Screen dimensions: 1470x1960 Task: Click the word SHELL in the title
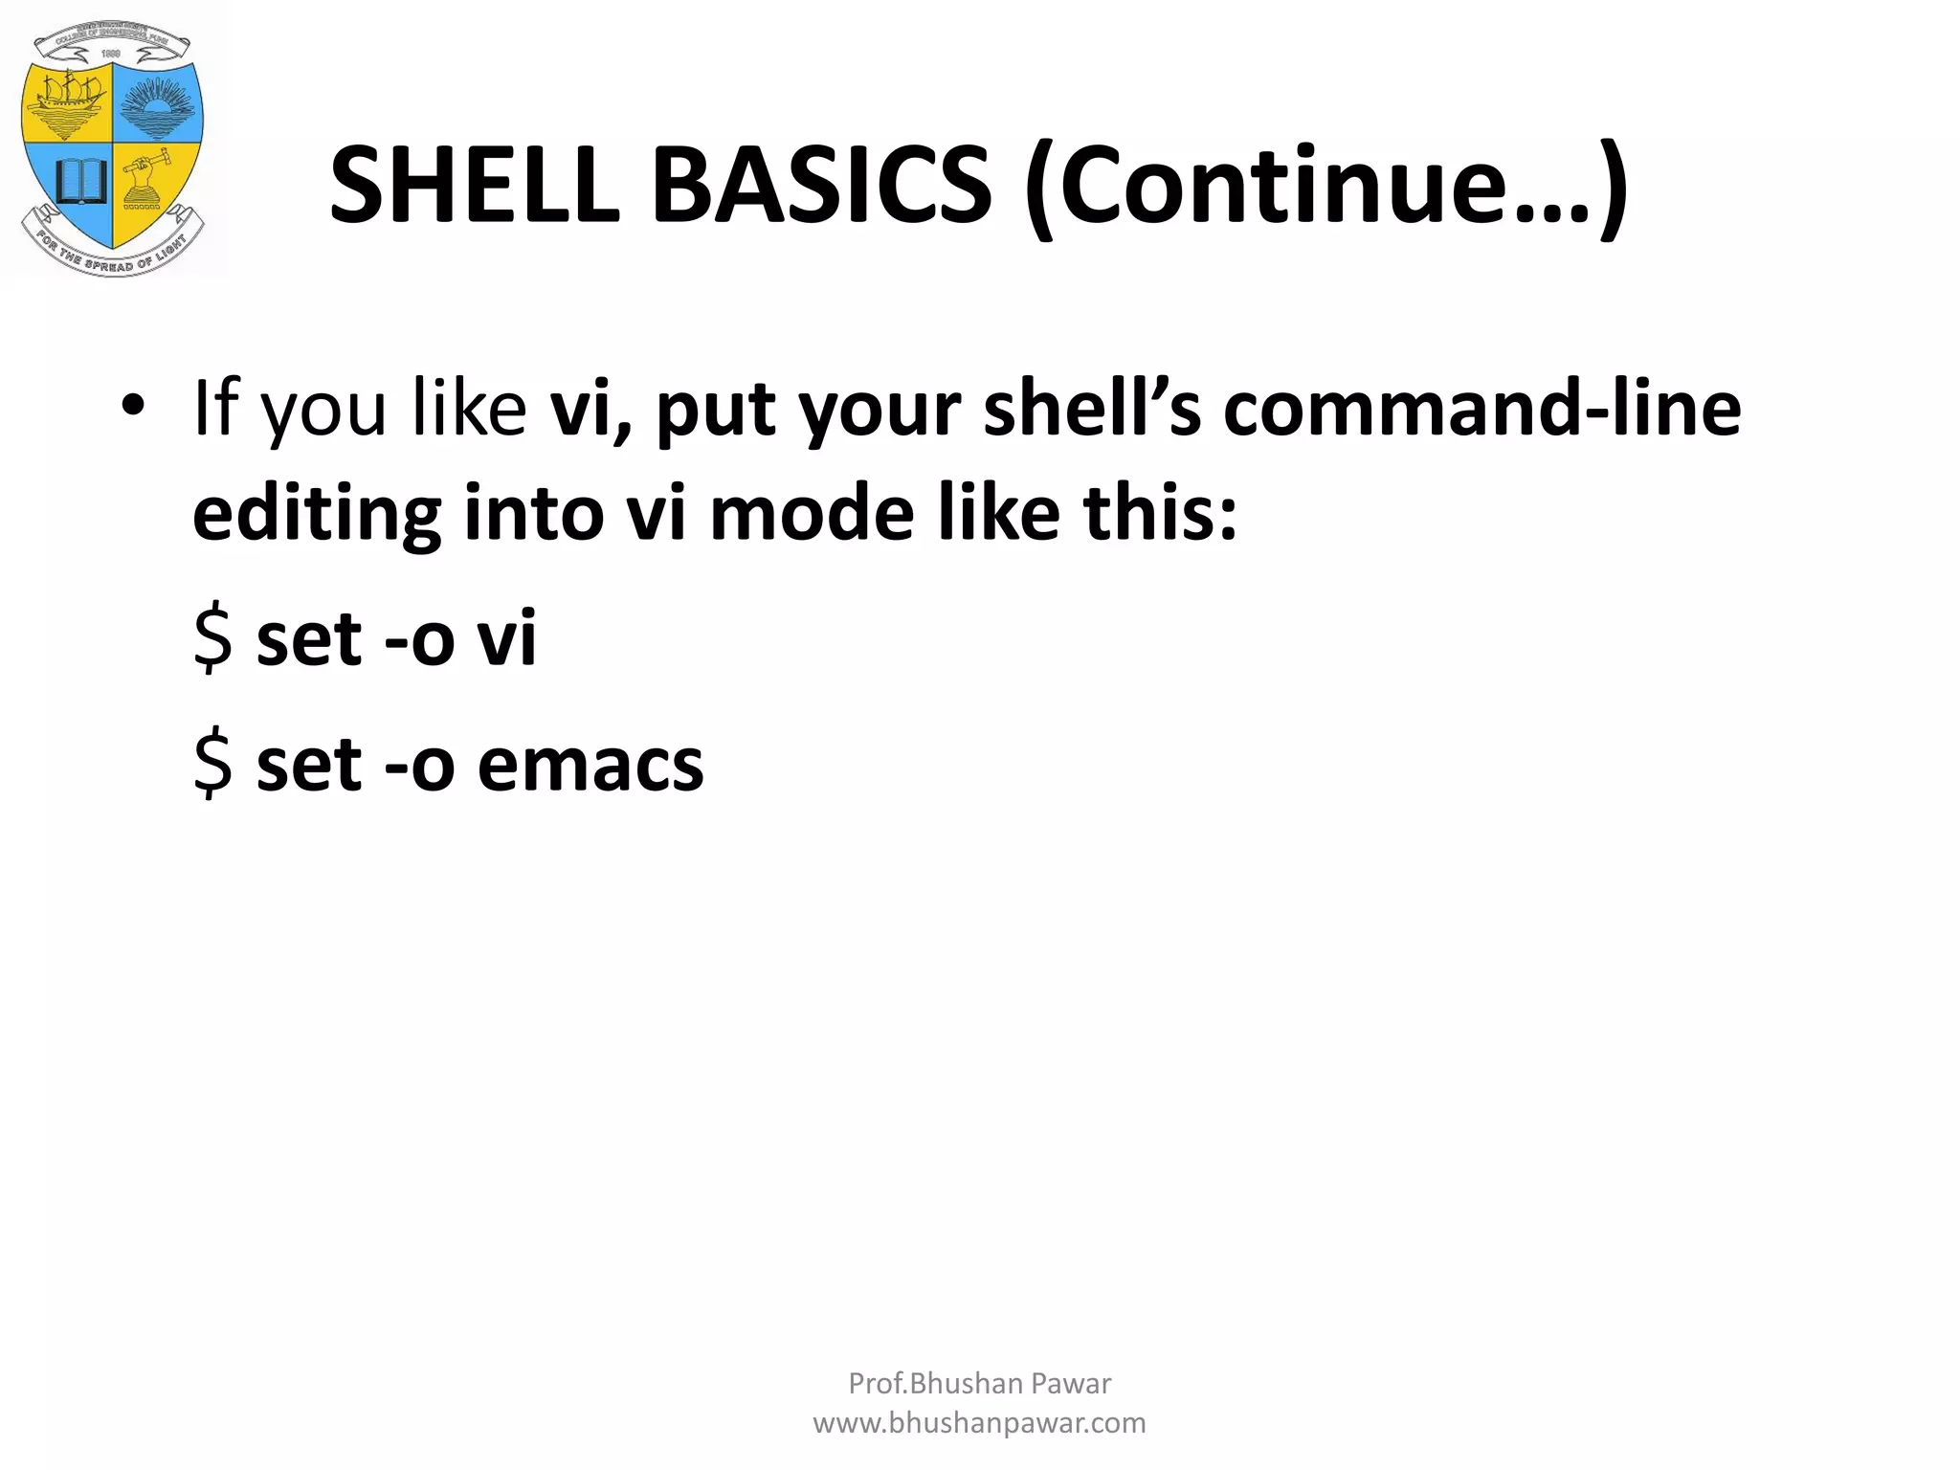coord(474,186)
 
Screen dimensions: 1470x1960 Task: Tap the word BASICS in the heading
coord(821,186)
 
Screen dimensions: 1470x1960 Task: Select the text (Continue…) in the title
coord(1325,186)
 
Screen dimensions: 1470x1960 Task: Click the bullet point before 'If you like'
coord(133,407)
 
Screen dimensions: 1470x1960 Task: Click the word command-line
coord(1481,409)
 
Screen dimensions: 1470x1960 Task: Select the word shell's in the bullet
coord(1091,409)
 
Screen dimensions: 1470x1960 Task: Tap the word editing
coord(317,514)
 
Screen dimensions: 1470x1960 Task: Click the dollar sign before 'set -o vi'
coord(212,639)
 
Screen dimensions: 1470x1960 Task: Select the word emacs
coord(590,766)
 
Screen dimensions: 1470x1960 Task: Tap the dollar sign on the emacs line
coord(212,766)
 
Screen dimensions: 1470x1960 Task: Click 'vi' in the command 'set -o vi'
coord(506,639)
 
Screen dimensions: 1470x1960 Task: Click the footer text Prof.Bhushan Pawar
coord(979,1383)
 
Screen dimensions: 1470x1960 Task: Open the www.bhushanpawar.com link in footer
coord(979,1423)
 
